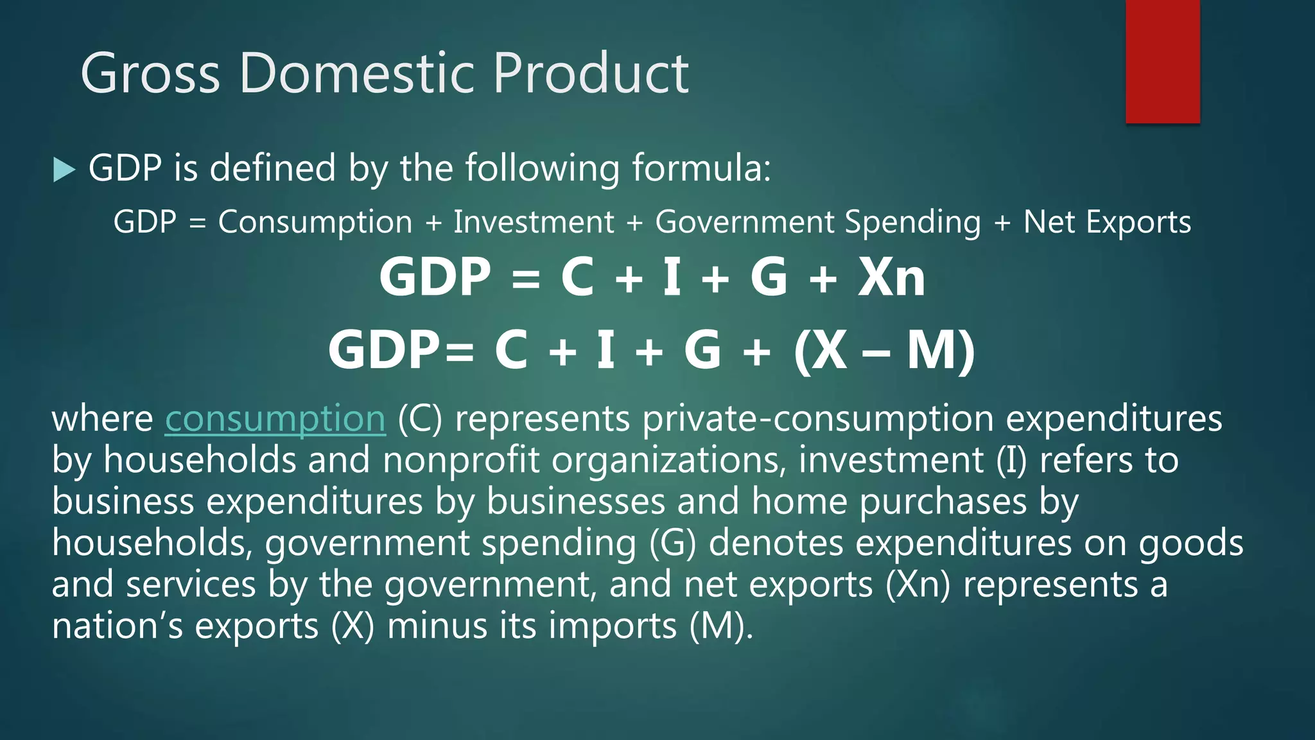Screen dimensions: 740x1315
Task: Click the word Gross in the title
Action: pyautogui.click(x=150, y=73)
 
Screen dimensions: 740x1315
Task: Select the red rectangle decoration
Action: pyautogui.click(x=1162, y=62)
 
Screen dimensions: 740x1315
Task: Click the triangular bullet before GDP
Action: pyautogui.click(x=64, y=170)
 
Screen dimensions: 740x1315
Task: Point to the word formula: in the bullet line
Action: pyautogui.click(x=701, y=168)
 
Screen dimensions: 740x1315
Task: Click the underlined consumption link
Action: pyautogui.click(x=275, y=419)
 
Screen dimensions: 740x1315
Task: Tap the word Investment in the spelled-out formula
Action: pyautogui.click(x=534, y=222)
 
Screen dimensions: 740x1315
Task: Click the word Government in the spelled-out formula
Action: pyautogui.click(x=744, y=222)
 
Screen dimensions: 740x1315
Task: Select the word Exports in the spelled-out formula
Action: pyautogui.click(x=1138, y=222)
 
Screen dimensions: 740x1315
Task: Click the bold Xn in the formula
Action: pyautogui.click(x=891, y=277)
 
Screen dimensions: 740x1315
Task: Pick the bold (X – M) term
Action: pyautogui.click(x=884, y=351)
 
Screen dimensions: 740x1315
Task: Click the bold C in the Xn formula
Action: pyautogui.click(x=577, y=277)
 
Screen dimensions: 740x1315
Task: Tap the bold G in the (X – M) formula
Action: pyautogui.click(x=702, y=351)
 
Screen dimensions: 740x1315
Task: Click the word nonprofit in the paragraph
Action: pyautogui.click(x=460, y=461)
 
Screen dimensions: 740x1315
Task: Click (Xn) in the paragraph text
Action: pyautogui.click(x=918, y=585)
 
